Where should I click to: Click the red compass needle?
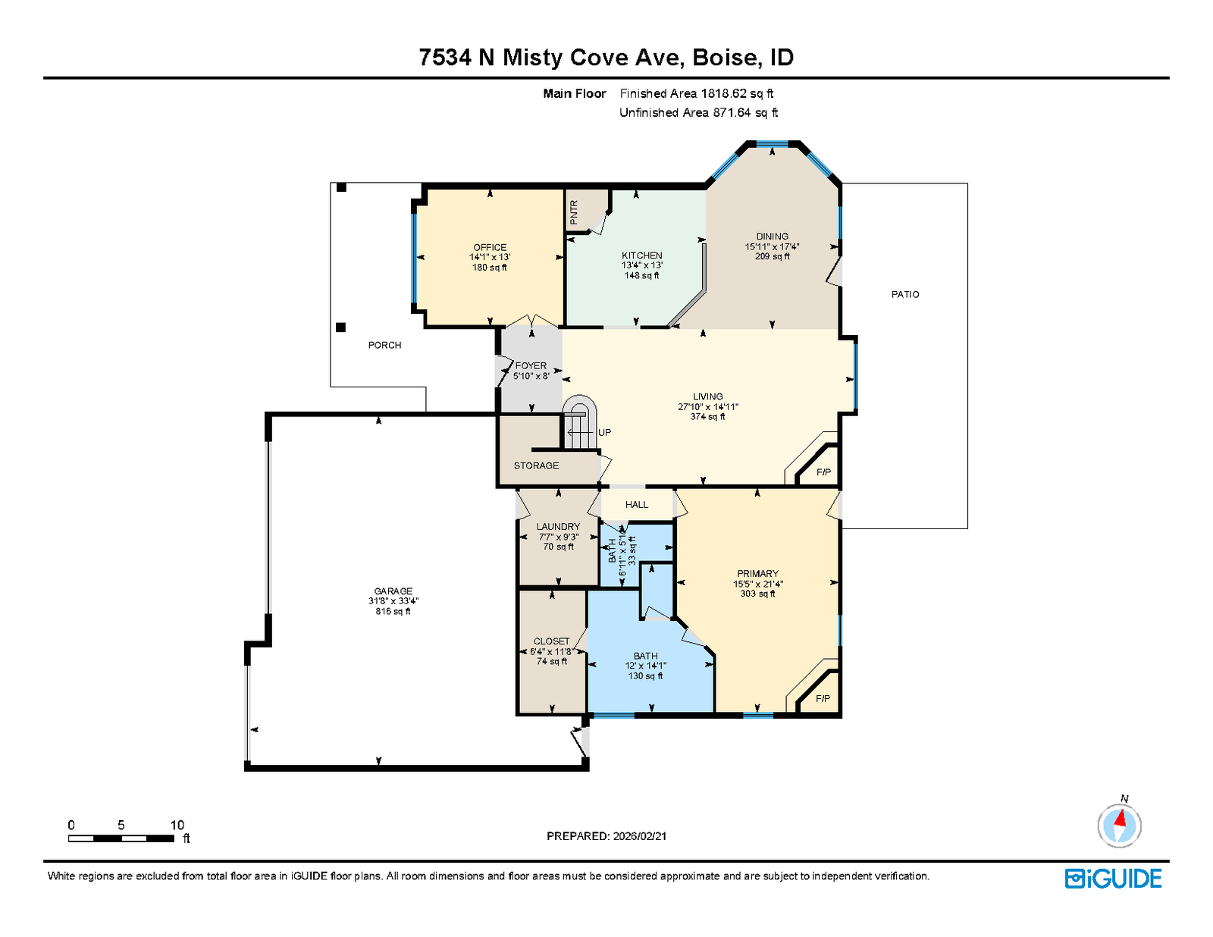pos(1120,819)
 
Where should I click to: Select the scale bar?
pos(121,838)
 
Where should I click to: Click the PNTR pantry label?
pos(574,212)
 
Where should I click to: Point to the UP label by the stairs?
pos(604,432)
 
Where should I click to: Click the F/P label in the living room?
pos(823,472)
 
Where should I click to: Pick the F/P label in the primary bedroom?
pos(823,698)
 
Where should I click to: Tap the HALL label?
pos(636,504)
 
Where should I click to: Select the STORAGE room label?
pos(536,465)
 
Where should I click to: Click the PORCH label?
pos(384,345)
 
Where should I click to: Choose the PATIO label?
pos(905,294)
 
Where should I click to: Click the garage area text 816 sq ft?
pos(393,611)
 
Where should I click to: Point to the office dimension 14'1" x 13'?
pos(490,257)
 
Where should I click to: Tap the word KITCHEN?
pos(642,255)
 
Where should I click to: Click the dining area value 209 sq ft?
pos(772,256)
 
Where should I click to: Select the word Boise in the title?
pos(724,58)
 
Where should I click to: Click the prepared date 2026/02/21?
pos(640,836)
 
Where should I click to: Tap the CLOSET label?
pos(551,641)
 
